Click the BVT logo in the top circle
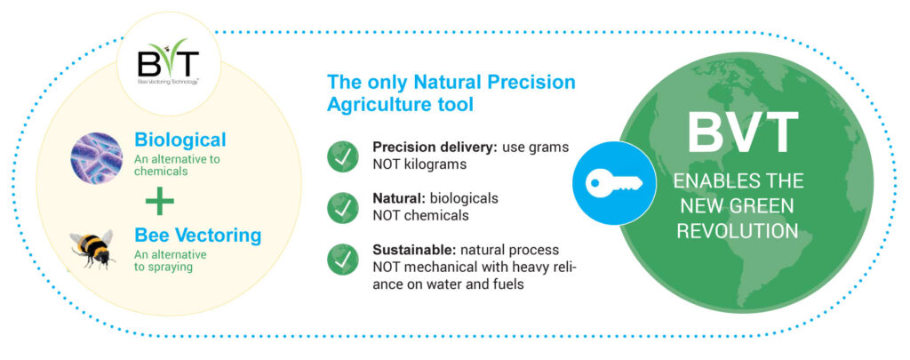tap(168, 62)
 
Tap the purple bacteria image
tap(97, 157)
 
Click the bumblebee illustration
tap(92, 249)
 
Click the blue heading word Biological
tap(180, 140)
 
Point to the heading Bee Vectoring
tap(198, 236)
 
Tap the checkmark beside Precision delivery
tap(343, 156)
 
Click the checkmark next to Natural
tap(343, 208)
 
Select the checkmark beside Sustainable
tap(343, 259)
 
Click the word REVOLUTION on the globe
tap(738, 230)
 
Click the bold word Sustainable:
tap(414, 250)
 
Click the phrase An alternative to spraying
tap(171, 261)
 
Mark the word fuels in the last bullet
tap(509, 285)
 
